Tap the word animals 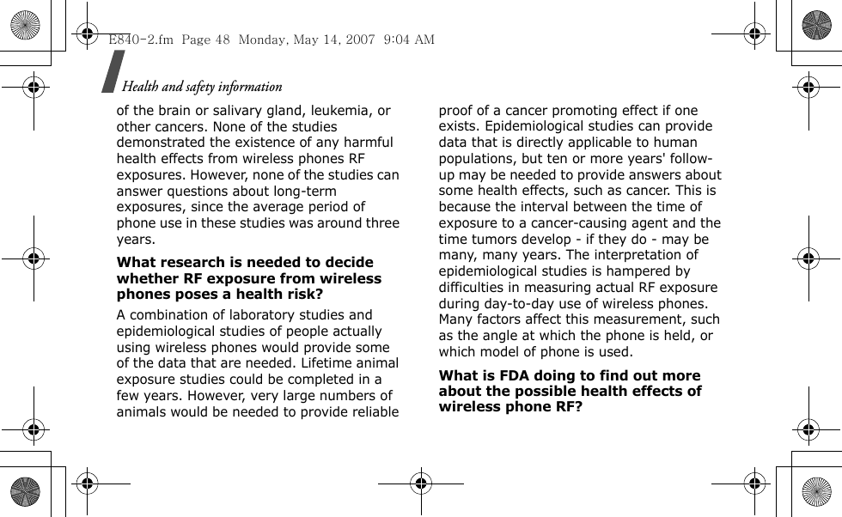(x=141, y=411)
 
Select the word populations (x=478, y=159)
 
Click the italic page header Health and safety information (x=202, y=87)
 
